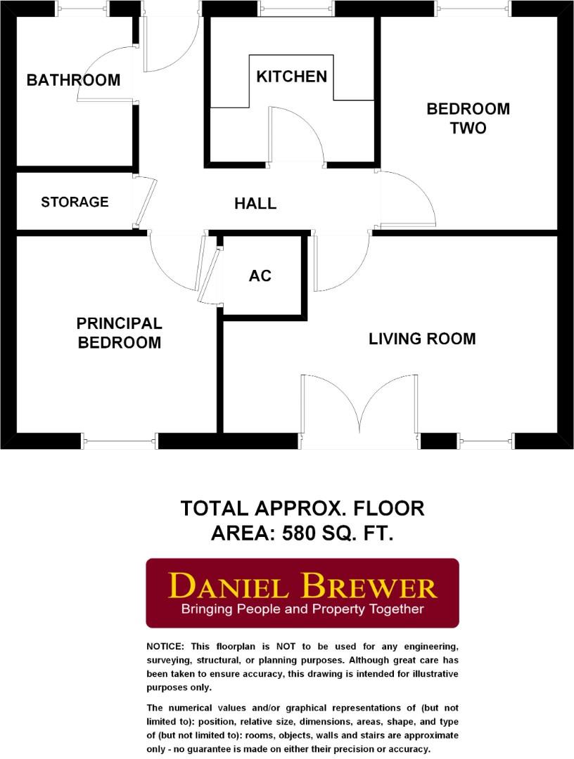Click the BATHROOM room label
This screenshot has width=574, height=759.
coord(73,80)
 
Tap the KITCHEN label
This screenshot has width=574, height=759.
coord(291,77)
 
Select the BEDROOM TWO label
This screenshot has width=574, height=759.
coord(468,118)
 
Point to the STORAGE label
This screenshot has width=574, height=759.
coord(75,202)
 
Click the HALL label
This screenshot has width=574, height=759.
coord(255,204)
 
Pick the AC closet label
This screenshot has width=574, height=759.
coord(260,275)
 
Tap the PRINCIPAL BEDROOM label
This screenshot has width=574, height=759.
coord(119,333)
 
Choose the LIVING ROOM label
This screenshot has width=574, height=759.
coord(422,339)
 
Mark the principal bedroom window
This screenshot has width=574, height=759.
coord(119,441)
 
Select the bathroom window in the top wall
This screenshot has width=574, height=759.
coord(82,8)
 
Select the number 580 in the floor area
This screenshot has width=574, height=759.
coord(302,533)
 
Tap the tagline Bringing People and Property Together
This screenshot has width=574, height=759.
coord(302,609)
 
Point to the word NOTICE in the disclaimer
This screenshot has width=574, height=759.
coord(165,646)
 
